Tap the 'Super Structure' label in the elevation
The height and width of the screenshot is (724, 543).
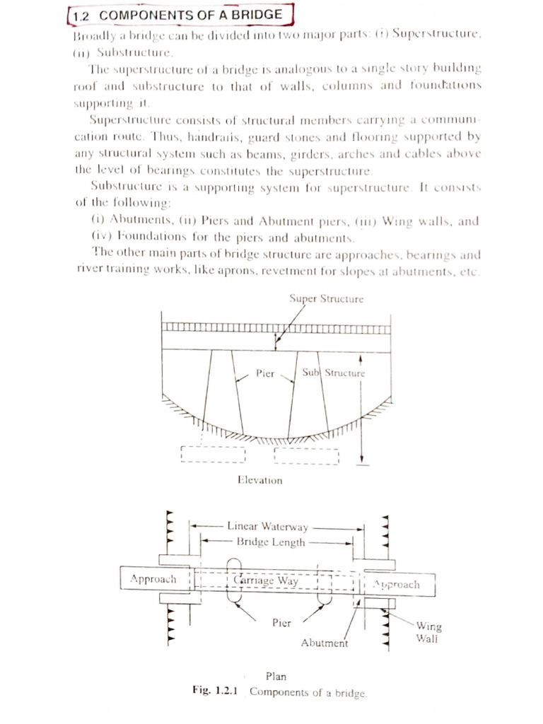[327, 298]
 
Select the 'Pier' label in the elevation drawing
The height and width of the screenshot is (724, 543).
[265, 373]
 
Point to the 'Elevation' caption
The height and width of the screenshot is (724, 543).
[259, 480]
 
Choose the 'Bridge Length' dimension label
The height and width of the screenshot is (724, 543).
[271, 542]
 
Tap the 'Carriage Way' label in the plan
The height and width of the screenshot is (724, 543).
[266, 580]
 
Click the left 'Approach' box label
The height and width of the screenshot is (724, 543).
[153, 578]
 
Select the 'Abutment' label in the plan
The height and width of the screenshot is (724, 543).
[325, 643]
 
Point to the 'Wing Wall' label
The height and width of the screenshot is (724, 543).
[428, 632]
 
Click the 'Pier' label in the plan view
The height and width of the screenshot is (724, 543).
[282, 623]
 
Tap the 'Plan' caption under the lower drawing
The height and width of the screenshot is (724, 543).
[276, 677]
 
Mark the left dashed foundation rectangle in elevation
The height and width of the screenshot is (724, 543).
[213, 454]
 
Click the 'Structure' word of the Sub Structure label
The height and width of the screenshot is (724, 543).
[345, 373]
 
